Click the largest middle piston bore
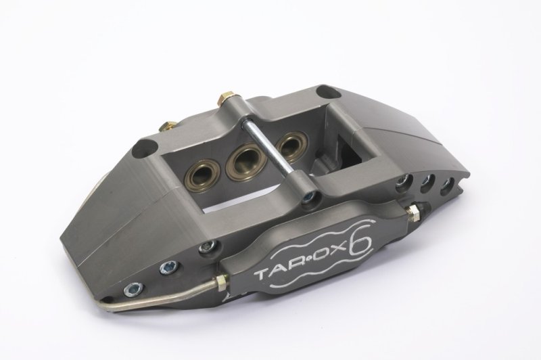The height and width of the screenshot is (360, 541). tap(245, 160)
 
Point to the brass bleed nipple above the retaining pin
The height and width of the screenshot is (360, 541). tap(225, 99)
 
